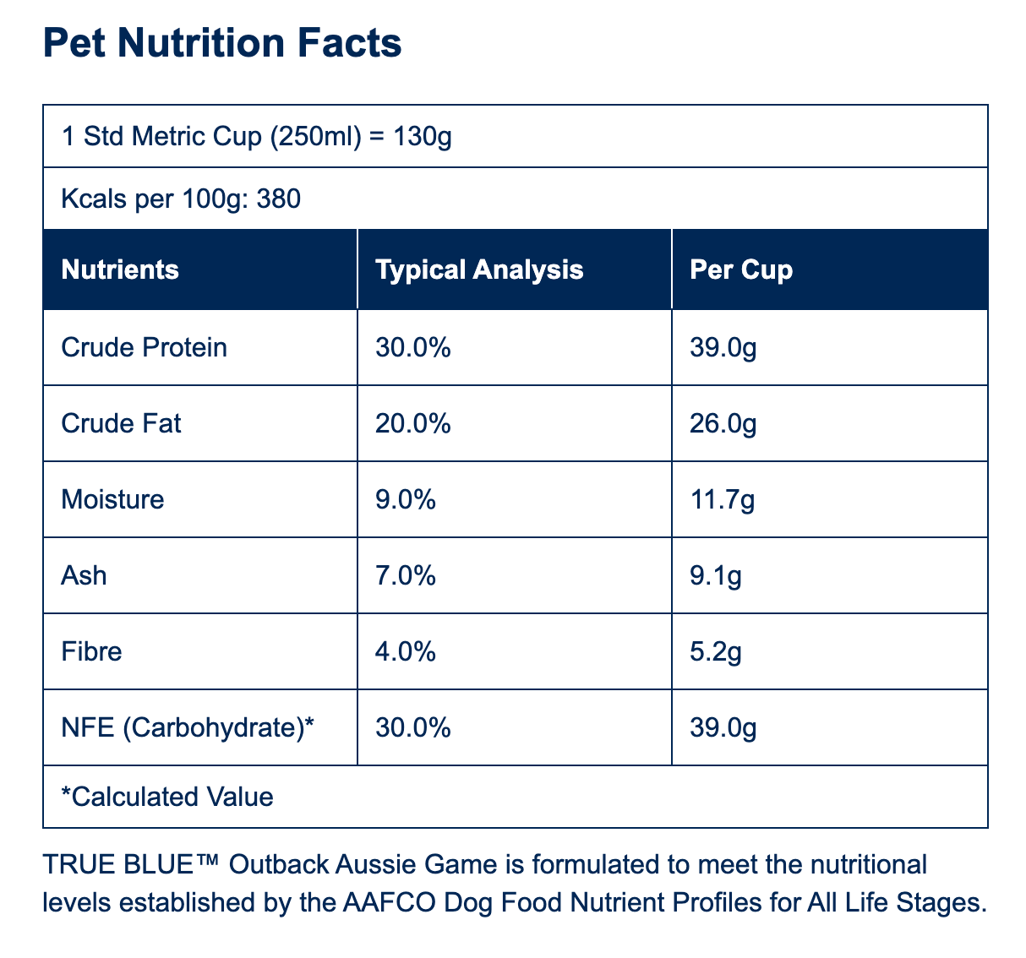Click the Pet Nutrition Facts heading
click(222, 42)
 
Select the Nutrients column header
click(120, 269)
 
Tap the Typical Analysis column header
click(479, 270)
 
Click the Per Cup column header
click(741, 270)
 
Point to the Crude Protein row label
click(145, 347)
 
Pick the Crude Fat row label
click(121, 423)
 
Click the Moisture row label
click(112, 499)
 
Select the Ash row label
click(84, 575)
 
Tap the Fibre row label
click(91, 651)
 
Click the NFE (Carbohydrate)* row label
click(188, 727)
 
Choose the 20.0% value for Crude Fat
click(412, 423)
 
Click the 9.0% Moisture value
click(406, 499)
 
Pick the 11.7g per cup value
click(723, 500)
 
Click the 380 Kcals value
click(278, 199)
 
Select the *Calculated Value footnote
click(167, 797)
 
